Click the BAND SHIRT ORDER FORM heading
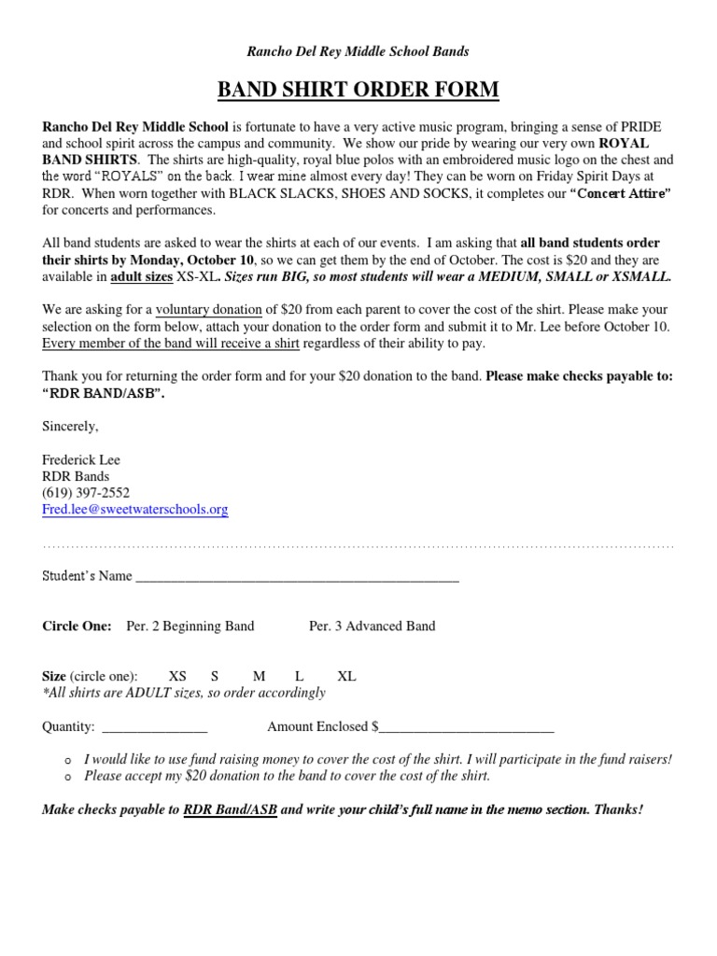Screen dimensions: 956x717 tap(358, 90)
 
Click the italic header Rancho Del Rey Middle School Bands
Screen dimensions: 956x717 tap(358, 50)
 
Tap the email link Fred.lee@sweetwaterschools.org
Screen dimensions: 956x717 tap(135, 510)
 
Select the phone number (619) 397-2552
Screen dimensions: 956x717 tap(86, 493)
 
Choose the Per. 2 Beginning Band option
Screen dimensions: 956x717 tap(190, 626)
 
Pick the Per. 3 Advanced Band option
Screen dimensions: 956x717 tap(372, 626)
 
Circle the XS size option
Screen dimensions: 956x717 tap(177, 676)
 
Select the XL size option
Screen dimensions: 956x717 tap(346, 676)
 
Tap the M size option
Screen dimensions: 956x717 tap(259, 676)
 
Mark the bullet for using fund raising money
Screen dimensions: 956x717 tap(69, 761)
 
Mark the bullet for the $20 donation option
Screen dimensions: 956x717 tap(69, 777)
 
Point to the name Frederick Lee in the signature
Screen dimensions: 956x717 tap(81, 460)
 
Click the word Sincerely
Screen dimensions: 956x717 tap(70, 426)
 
